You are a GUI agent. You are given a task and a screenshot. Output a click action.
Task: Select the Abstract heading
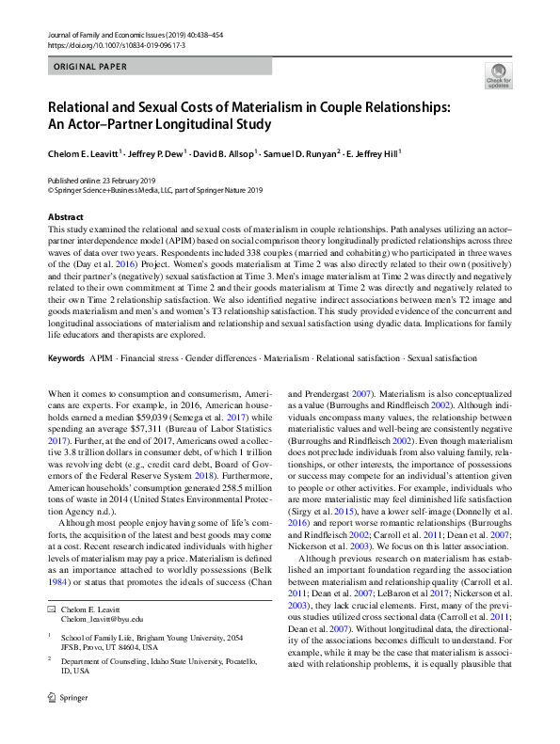tap(65, 217)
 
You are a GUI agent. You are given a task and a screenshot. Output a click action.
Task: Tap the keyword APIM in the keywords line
tap(100, 358)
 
